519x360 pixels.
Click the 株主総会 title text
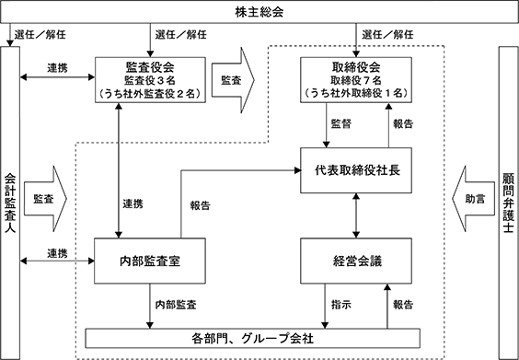tap(259, 12)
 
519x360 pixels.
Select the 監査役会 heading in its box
tap(150, 67)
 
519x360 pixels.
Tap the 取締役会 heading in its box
tap(356, 67)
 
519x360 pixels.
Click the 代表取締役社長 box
tap(356, 170)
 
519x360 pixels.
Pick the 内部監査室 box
tap(150, 261)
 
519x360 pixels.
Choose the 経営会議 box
tap(356, 261)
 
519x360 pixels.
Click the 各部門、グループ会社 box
tap(253, 339)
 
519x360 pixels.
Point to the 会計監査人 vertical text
tap(10, 203)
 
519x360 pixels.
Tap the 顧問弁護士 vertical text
tap(508, 203)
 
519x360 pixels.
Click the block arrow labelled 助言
tap(468, 199)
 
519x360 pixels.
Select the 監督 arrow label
tap(340, 124)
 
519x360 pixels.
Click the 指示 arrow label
tap(340, 305)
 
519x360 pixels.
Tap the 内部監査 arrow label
tap(176, 305)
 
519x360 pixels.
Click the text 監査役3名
tap(150, 80)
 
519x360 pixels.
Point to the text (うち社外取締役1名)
tap(356, 93)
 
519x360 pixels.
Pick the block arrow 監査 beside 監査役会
tap(233, 80)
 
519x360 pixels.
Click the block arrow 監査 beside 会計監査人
tap(45, 199)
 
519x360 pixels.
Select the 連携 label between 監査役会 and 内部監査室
tap(133, 203)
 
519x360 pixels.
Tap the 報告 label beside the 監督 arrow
tap(403, 124)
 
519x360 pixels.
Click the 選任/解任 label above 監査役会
tap(180, 34)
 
